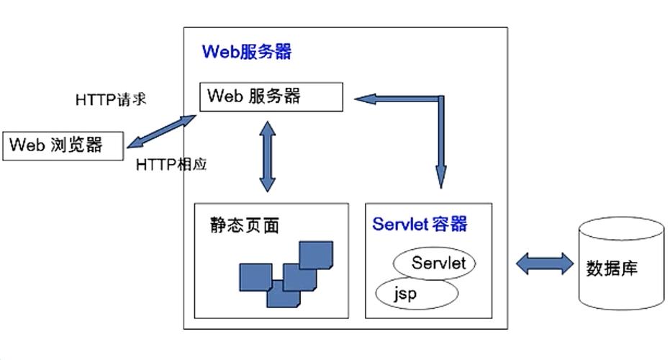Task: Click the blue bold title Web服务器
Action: pos(247,52)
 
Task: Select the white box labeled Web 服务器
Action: pos(271,96)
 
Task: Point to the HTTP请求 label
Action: pos(111,99)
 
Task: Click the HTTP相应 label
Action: pos(171,165)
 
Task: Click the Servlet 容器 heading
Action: pos(420,224)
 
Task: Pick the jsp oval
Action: pos(417,293)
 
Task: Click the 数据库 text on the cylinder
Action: pos(612,269)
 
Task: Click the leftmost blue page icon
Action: pos(255,278)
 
